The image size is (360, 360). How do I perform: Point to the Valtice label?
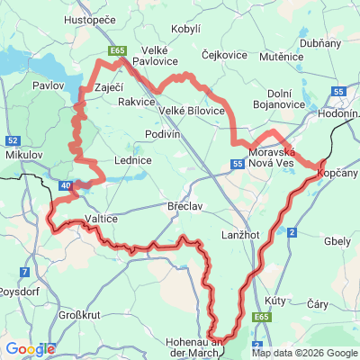click(x=101, y=219)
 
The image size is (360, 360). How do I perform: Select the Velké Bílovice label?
click(x=192, y=110)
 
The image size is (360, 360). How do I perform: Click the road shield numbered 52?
click(x=13, y=140)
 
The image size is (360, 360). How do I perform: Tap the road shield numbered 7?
click(x=23, y=271)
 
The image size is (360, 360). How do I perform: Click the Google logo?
click(x=30, y=349)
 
